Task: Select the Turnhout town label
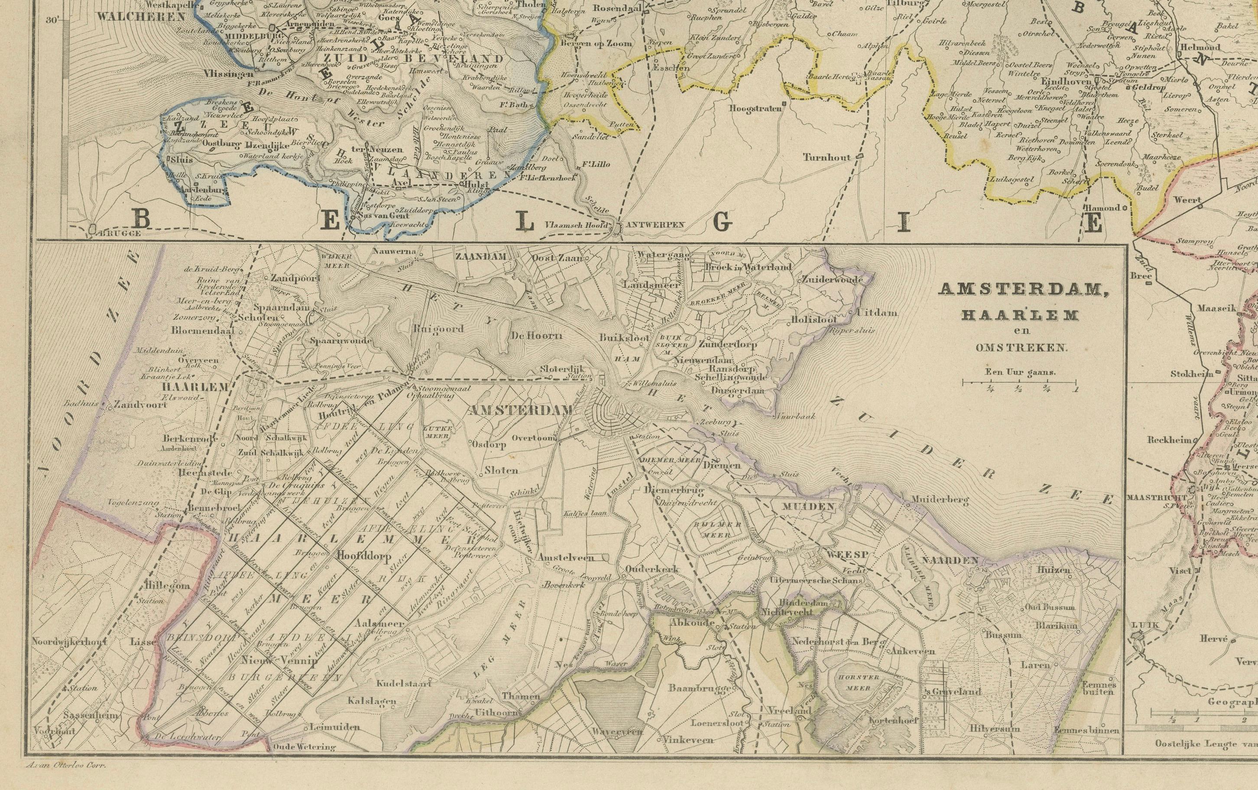(827, 157)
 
